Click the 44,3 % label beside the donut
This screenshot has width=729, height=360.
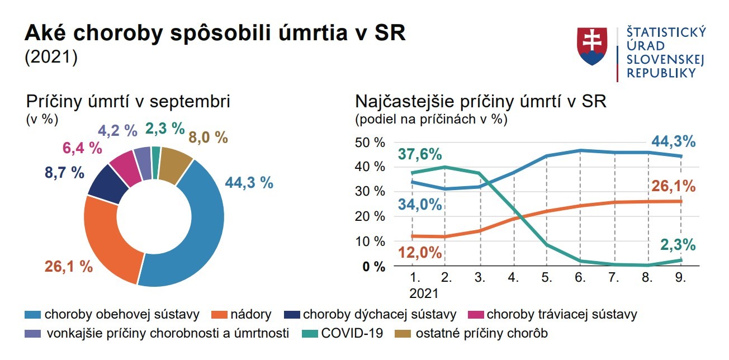[249, 182]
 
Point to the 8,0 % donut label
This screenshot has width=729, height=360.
[209, 137]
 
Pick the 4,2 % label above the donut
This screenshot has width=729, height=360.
[117, 130]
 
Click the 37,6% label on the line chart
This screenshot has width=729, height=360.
[420, 154]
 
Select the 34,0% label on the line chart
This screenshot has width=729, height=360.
[420, 204]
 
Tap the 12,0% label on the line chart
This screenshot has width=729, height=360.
[420, 253]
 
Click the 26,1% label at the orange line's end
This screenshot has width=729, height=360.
[674, 186]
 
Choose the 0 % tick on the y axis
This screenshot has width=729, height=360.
[374, 267]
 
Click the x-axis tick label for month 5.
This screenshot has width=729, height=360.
[547, 278]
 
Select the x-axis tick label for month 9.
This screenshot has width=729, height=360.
[681, 278]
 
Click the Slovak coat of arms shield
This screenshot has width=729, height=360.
[592, 46]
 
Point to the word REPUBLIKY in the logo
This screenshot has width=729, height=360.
[661, 73]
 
